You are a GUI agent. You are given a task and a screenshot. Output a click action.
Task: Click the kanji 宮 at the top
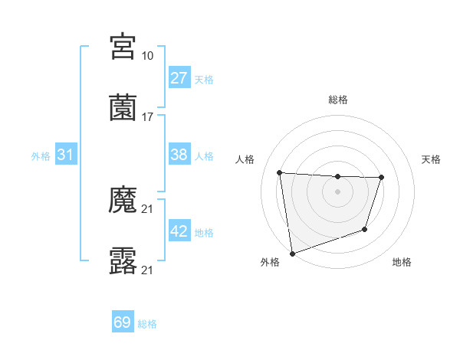click(x=123, y=47)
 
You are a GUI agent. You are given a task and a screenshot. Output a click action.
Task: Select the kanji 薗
click(x=123, y=108)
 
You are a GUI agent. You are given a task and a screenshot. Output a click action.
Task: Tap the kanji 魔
click(x=123, y=201)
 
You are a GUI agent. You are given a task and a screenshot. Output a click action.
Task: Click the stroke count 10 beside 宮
click(x=148, y=55)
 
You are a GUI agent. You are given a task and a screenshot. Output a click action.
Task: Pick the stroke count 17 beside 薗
click(x=148, y=117)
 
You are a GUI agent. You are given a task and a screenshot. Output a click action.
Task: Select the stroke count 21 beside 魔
click(x=148, y=209)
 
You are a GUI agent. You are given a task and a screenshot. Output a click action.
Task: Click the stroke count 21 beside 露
click(x=148, y=270)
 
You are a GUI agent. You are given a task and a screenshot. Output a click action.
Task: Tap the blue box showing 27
click(x=179, y=78)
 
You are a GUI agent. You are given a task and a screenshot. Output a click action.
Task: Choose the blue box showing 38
click(x=179, y=155)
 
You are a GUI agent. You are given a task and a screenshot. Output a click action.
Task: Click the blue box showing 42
click(x=179, y=231)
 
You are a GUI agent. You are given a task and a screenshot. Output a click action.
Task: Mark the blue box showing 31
click(x=66, y=155)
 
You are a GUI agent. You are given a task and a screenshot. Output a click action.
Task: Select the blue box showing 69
click(x=123, y=323)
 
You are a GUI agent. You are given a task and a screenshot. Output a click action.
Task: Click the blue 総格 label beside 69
click(x=147, y=324)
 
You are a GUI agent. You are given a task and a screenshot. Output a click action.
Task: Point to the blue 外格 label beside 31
click(x=41, y=155)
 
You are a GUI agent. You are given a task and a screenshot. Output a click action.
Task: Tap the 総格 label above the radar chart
click(x=338, y=100)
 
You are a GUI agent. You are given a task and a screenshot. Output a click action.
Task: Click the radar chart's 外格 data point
click(x=292, y=253)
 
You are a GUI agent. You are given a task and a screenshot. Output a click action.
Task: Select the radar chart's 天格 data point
click(x=381, y=178)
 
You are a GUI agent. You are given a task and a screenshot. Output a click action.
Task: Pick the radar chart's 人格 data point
click(x=280, y=172)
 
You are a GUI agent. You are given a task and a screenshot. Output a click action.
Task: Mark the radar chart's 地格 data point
click(x=366, y=229)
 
